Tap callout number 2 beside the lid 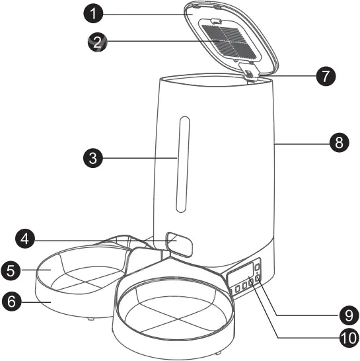pos(97,43)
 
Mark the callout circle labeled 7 pos(324,75)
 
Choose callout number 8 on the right pos(340,142)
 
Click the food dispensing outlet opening pos(178,243)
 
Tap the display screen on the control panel pos(242,272)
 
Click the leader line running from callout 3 pos(139,158)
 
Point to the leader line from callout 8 pos(304,142)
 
